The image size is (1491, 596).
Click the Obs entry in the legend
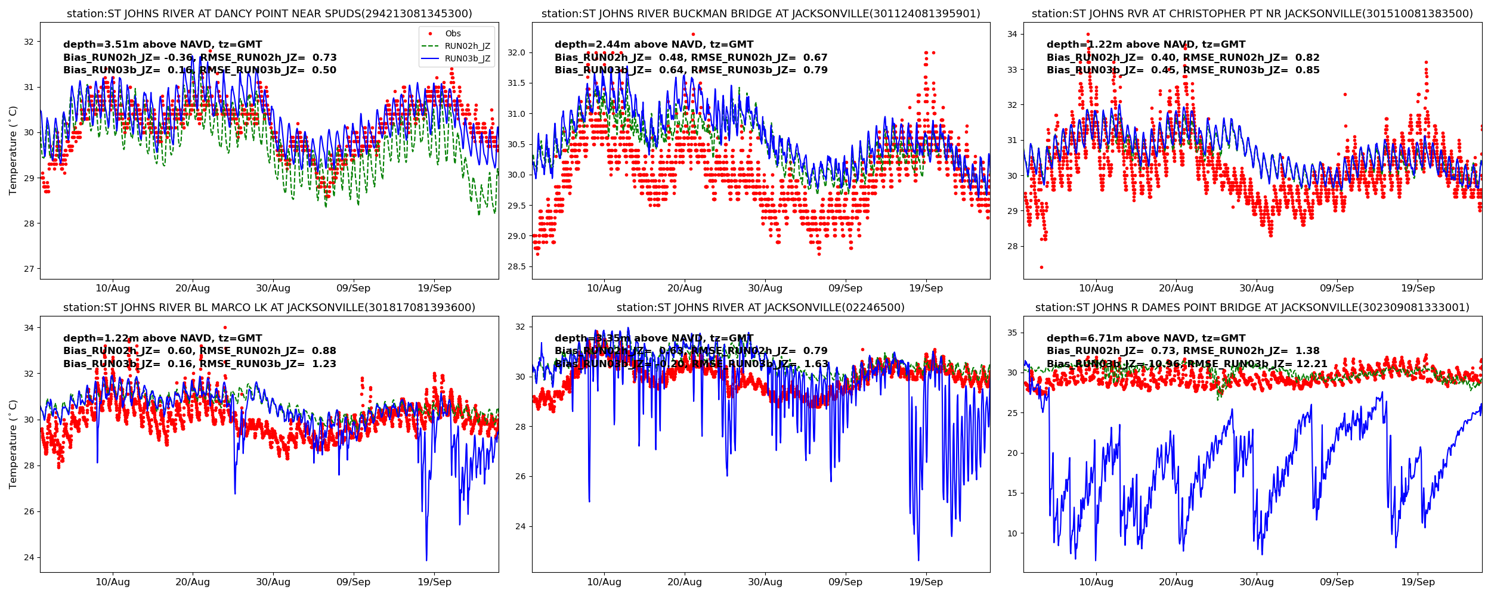(x=453, y=33)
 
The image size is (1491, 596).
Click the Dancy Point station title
(x=269, y=14)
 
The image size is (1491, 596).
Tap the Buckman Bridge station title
(x=760, y=14)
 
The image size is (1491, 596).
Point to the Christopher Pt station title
(x=1252, y=14)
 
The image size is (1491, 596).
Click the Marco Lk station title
(x=269, y=308)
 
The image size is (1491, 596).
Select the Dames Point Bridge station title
(x=1252, y=308)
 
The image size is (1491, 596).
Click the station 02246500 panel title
(x=760, y=308)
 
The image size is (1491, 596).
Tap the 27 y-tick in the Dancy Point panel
(x=29, y=269)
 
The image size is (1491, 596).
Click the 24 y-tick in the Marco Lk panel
(x=29, y=557)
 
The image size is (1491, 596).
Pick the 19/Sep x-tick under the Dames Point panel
(x=1418, y=582)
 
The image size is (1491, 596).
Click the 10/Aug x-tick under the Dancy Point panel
(x=113, y=288)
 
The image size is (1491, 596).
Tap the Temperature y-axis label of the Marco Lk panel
(x=13, y=444)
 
